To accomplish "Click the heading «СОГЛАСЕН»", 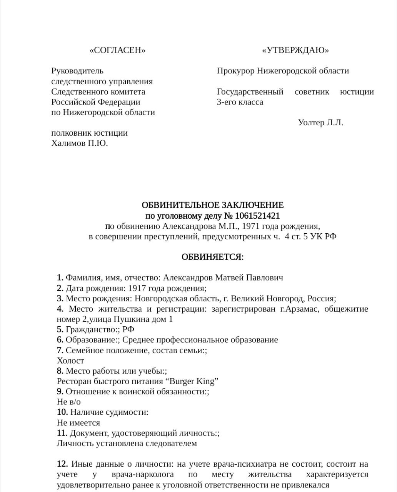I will (x=117, y=50).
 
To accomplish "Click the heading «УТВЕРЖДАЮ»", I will (x=295, y=50).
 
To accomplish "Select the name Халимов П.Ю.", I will (x=80, y=143).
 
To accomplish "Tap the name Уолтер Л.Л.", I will (x=320, y=123).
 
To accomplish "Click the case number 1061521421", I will (x=257, y=216).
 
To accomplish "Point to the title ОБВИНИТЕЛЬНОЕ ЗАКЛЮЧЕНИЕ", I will (x=212, y=205).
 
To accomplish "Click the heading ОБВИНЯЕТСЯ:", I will (x=212, y=257).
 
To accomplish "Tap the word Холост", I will (x=70, y=361).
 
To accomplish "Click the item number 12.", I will (x=62, y=464).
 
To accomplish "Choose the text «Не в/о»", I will (x=69, y=402).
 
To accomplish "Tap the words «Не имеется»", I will (x=78, y=423).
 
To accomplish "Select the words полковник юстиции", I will (x=90, y=133).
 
